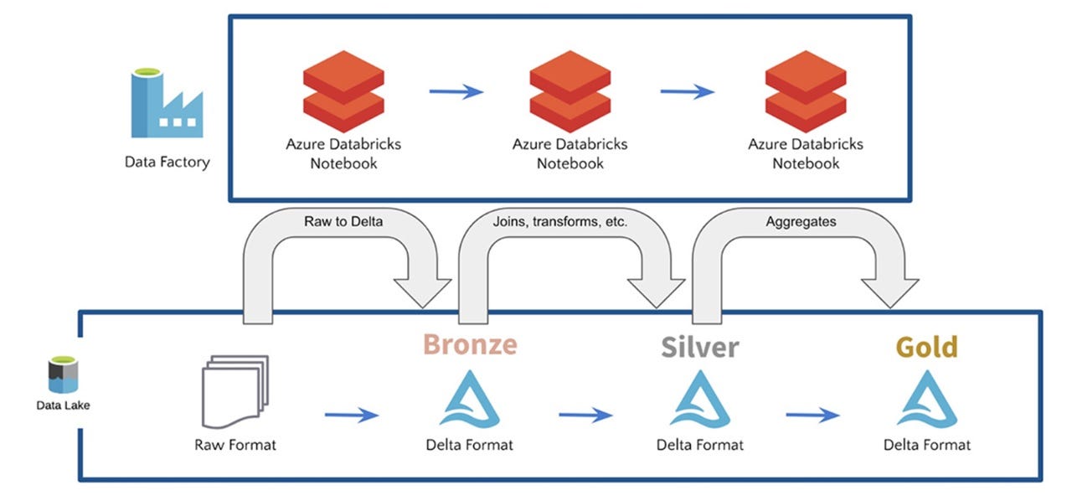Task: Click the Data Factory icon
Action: click(167, 103)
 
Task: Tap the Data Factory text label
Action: click(167, 162)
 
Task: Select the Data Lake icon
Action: click(63, 374)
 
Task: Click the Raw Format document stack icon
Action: click(235, 391)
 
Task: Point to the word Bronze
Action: click(470, 344)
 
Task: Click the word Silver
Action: click(700, 347)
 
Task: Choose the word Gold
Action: click(927, 347)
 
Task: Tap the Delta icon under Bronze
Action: click(470, 399)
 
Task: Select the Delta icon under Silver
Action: click(700, 399)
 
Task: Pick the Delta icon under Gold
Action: click(927, 399)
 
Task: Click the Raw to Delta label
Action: click(343, 221)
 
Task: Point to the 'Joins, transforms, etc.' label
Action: click(560, 221)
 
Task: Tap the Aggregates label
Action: click(801, 221)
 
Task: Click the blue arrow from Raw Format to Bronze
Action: click(352, 415)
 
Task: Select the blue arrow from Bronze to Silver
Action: click(585, 415)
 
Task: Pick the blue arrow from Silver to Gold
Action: click(812, 415)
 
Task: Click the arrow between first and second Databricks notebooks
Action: click(456, 91)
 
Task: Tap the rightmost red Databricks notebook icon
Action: click(806, 91)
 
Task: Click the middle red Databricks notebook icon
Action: click(570, 91)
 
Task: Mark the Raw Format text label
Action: click(235, 445)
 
